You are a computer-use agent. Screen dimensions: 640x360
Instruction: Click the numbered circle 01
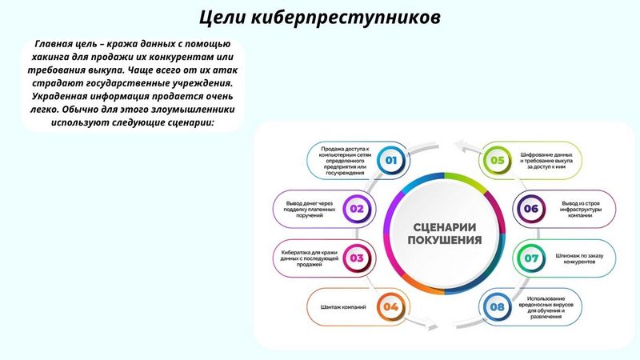[x=391, y=160]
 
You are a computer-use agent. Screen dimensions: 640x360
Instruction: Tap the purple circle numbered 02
[x=357, y=209]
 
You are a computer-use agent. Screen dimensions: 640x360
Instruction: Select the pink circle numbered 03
[x=357, y=258]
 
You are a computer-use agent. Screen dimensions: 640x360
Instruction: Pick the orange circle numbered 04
[x=390, y=306]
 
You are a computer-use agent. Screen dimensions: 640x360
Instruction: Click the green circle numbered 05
[x=497, y=160]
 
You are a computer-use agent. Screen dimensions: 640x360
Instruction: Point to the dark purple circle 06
[x=531, y=209]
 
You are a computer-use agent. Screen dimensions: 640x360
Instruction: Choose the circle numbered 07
[x=531, y=258]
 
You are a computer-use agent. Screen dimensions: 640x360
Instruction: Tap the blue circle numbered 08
[x=497, y=306]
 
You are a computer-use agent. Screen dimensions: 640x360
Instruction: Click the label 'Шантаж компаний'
[x=343, y=307]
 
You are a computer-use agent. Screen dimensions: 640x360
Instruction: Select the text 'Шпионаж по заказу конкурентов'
[x=579, y=258]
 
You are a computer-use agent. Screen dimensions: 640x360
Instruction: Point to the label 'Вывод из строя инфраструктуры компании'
[x=581, y=209]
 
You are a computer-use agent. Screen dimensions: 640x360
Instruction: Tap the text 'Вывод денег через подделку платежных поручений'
[x=310, y=209]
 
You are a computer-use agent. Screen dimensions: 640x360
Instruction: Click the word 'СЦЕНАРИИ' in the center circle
[x=445, y=227]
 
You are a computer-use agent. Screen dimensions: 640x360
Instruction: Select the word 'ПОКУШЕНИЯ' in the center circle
[x=445, y=239]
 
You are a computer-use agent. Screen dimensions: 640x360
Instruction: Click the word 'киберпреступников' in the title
[x=346, y=18]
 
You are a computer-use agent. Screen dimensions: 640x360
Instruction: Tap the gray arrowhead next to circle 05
[x=462, y=146]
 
